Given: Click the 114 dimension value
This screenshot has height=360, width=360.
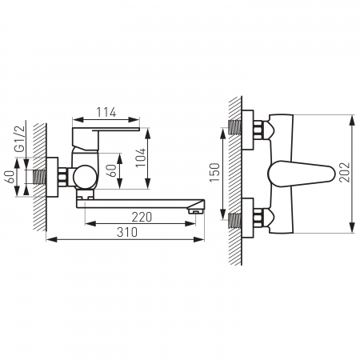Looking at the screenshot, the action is pos(106,112).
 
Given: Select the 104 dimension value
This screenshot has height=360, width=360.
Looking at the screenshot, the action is pos(141,158).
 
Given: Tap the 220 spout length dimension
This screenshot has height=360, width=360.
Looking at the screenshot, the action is pos(142,217).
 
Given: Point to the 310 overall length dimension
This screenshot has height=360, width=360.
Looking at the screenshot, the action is pos(127,232).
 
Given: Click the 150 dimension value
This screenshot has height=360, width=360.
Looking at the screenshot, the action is pos(214,173).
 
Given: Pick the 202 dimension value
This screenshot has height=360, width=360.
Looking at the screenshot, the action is pos(345,172).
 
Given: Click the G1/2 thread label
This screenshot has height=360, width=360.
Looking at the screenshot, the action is pos(20,138).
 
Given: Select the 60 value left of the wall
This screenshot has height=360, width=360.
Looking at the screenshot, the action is pos(10,177).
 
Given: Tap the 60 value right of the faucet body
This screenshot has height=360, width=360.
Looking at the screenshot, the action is pos(112,170).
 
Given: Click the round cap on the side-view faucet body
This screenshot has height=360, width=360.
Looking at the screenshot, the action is pos(85,177).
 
